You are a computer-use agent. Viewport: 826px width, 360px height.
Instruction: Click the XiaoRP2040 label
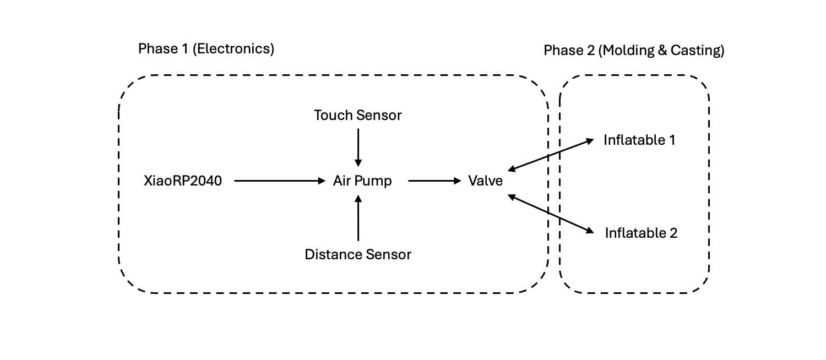(182, 181)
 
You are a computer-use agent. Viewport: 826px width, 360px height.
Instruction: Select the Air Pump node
(362, 181)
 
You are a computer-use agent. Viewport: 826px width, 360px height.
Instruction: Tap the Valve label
(485, 181)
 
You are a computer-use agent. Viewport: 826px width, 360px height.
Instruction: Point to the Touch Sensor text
(358, 116)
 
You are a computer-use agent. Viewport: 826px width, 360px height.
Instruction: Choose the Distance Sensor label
(358, 254)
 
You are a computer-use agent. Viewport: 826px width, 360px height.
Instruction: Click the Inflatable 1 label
(639, 140)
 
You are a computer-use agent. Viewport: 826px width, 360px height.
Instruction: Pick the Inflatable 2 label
(641, 233)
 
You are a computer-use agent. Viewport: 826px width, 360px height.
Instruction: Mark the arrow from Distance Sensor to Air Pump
(358, 219)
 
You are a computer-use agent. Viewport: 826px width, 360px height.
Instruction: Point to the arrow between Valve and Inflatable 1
(551, 154)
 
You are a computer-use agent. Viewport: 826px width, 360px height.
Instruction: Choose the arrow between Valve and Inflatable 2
(551, 213)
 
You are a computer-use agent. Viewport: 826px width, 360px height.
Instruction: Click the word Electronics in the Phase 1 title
(235, 49)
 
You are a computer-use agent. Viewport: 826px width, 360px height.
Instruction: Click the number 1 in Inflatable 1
(671, 140)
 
